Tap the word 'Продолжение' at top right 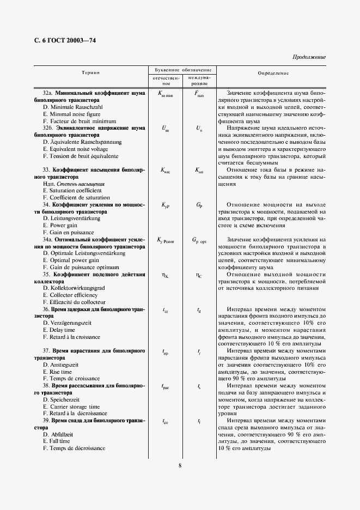[x=309, y=57]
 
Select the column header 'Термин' [x=90, y=72]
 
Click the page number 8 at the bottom [x=180, y=465]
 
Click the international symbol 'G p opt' [x=199, y=240]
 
